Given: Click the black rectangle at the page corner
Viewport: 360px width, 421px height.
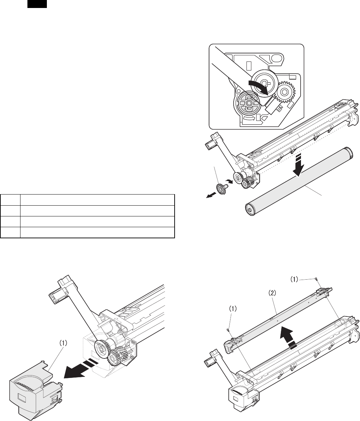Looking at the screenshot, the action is [37, 4].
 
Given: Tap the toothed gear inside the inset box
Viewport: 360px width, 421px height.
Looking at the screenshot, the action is [284, 92].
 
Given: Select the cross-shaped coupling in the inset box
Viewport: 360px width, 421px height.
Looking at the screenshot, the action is [249, 104].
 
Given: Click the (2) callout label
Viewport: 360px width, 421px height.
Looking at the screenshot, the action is [272, 293].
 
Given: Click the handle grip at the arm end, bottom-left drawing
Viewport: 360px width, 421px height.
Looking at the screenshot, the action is [55, 299].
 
